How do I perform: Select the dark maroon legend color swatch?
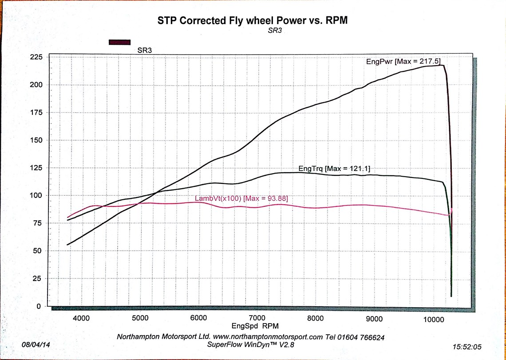pyautogui.click(x=120, y=42)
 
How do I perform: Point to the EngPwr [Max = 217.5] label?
pyautogui.click(x=403, y=62)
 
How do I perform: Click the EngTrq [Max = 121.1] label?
pyautogui.click(x=334, y=169)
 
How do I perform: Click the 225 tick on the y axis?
pyautogui.click(x=36, y=57)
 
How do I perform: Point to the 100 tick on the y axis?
pyautogui.click(x=36, y=195)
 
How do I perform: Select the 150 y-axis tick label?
pyautogui.click(x=36, y=140)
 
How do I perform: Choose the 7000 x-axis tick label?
pyautogui.click(x=257, y=318)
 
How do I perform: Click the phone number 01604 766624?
pyautogui.click(x=360, y=337)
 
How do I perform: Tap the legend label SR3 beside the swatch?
pyautogui.click(x=144, y=51)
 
